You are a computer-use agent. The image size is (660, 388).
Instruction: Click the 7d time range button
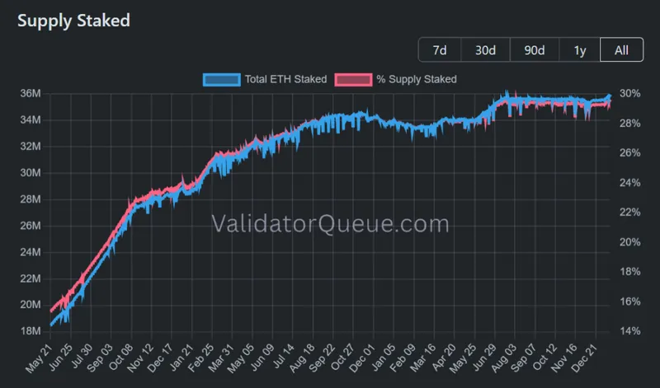click(x=440, y=50)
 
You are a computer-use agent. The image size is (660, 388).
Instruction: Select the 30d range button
click(x=485, y=50)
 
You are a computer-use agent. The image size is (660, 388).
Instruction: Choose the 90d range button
click(x=534, y=50)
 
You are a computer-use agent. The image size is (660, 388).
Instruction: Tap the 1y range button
click(x=580, y=50)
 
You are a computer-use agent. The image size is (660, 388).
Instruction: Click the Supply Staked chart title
click(x=73, y=21)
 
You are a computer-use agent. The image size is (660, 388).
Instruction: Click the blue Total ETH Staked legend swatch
click(x=221, y=79)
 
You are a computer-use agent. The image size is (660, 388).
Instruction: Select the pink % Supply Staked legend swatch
click(x=350, y=79)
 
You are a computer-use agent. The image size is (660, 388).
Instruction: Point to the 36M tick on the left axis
click(x=31, y=94)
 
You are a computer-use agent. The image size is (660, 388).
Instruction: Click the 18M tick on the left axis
click(x=31, y=331)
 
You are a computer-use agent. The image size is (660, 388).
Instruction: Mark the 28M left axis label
click(x=31, y=199)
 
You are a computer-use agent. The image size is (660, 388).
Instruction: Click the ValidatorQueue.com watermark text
click(x=330, y=223)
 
